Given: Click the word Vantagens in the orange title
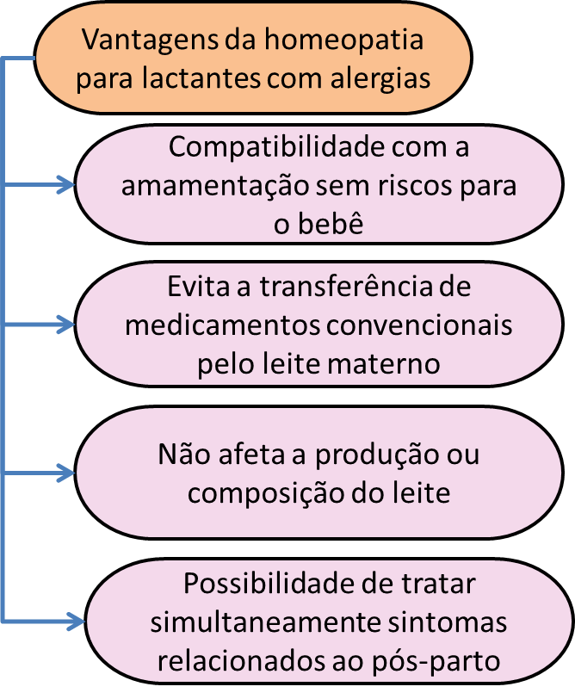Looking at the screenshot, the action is (x=151, y=40).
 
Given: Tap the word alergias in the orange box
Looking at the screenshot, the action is (x=380, y=79).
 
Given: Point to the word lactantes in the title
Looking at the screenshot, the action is (x=201, y=77).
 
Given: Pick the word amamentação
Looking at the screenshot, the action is (x=215, y=186).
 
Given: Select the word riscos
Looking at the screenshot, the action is (x=415, y=185).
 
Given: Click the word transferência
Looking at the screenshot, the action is (x=346, y=286).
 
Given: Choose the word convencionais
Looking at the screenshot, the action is (x=419, y=325).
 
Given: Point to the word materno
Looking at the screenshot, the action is (x=384, y=364).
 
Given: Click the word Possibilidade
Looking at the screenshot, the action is (x=269, y=583).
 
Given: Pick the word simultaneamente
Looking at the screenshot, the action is (x=265, y=622).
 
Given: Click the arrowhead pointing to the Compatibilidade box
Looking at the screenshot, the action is (x=65, y=184).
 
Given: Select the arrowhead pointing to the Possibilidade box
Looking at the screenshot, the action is (x=76, y=621).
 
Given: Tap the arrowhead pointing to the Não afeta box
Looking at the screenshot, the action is (x=65, y=473).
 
